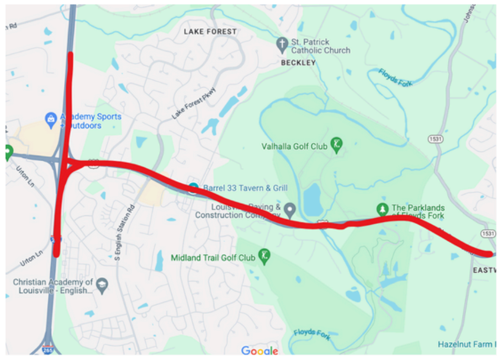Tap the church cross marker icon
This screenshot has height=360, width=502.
point(282,44)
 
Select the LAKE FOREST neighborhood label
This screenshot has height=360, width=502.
point(210,32)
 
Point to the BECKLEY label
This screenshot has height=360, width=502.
point(298,63)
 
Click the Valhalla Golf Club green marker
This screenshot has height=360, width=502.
point(336,146)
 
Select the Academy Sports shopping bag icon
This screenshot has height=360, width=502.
point(51,118)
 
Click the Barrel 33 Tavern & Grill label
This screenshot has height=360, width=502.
point(245,188)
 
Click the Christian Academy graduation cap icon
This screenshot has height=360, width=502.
point(102,285)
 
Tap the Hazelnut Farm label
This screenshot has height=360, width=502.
point(465,345)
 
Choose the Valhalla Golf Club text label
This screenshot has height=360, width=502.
point(295,147)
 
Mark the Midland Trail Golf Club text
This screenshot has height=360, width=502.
point(213,257)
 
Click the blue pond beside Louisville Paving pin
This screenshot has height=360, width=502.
point(312,199)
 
